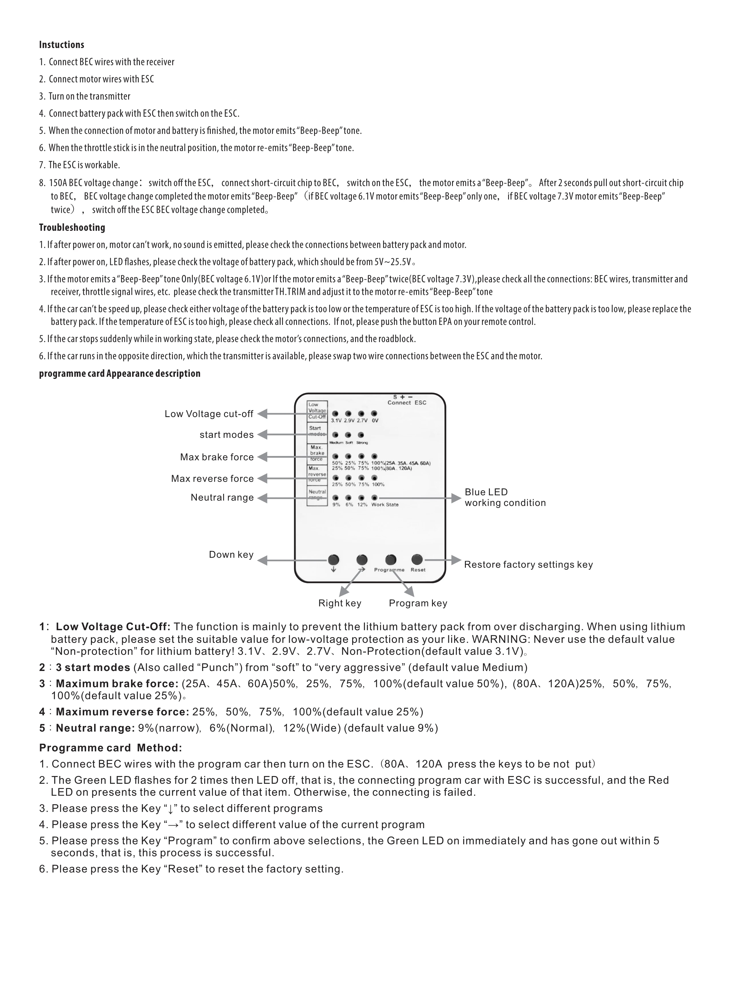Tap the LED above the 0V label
[x=374, y=413]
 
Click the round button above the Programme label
[x=391, y=560]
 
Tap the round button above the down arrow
[x=333, y=560]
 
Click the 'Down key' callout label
[x=231, y=555]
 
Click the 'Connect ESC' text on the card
[x=407, y=402]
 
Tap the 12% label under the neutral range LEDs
[x=362, y=505]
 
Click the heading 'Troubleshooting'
[x=72, y=228]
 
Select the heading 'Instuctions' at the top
[x=62, y=45]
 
